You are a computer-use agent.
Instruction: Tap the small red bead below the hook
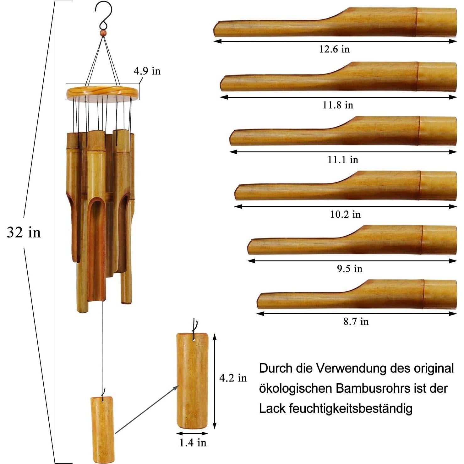103,33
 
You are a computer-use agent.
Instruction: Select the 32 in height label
24,232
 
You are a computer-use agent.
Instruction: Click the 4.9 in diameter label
147,71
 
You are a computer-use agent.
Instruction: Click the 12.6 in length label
334,49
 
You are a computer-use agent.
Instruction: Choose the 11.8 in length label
338,105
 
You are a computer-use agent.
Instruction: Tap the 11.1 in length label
343,160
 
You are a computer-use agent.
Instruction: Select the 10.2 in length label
345,215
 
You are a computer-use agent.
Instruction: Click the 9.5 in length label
350,269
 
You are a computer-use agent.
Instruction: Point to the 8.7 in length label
356,322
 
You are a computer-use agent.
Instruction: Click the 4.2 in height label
233,378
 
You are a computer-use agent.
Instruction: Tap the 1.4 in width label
193,443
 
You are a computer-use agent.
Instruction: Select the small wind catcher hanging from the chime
103,429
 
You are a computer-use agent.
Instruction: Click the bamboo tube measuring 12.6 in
336,23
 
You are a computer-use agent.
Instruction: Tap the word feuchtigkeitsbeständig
351,409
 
